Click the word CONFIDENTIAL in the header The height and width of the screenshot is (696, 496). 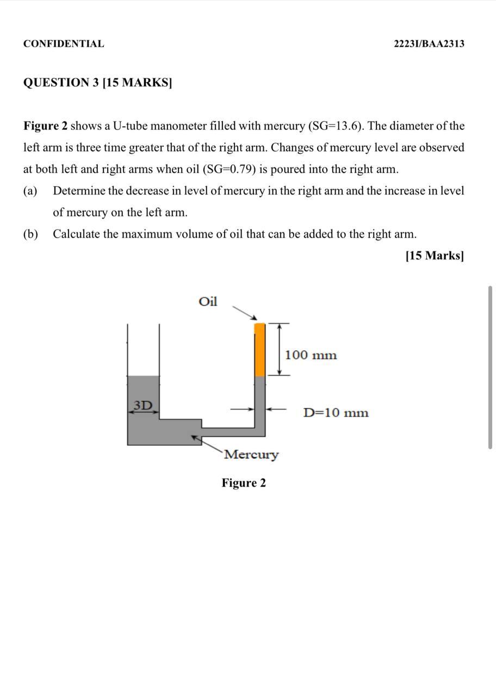64,44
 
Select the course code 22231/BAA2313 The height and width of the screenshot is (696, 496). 429,44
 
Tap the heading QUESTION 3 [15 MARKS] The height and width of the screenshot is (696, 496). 97,83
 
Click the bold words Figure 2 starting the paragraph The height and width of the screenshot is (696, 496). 45,126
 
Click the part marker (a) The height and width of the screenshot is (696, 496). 30,191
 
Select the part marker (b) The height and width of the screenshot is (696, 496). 30,234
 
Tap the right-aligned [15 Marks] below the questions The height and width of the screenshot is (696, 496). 435,256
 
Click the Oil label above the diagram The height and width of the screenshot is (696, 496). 208,302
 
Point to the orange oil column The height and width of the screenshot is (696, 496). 260,349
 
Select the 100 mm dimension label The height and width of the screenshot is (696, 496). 311,356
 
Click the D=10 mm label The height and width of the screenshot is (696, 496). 336,413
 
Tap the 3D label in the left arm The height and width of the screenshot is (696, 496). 143,405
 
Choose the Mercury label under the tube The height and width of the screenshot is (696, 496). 251,455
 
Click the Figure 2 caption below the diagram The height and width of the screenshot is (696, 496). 244,483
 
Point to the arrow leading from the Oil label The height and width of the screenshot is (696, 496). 244,313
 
